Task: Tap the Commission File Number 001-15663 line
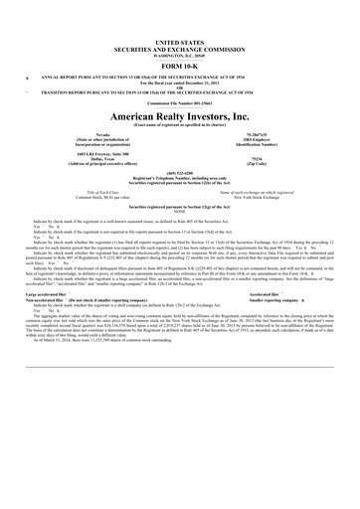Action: (179, 101)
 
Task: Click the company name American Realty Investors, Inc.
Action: (179, 115)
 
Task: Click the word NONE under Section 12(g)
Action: (179, 210)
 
